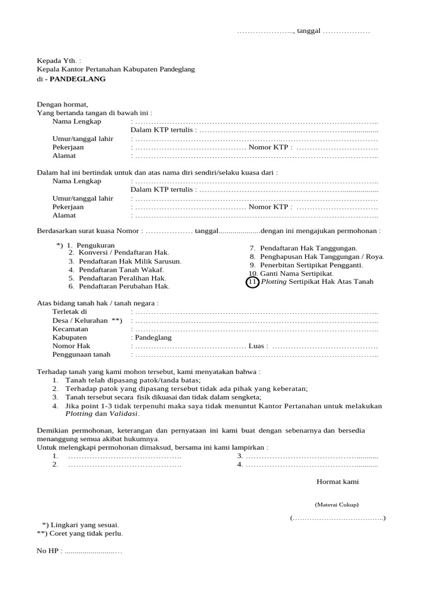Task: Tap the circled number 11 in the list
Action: pos(252,282)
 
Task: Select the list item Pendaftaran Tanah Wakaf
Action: pos(121,269)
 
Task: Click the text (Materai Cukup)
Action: pos(336,505)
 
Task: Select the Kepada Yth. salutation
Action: pos(59,60)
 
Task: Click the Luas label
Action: pos(257,346)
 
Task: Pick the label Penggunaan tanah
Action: pos(82,354)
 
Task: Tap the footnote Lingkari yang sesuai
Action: pos(84,524)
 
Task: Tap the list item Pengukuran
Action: pos(95,245)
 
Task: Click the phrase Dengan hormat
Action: pos(62,104)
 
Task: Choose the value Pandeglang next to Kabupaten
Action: pos(153,337)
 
